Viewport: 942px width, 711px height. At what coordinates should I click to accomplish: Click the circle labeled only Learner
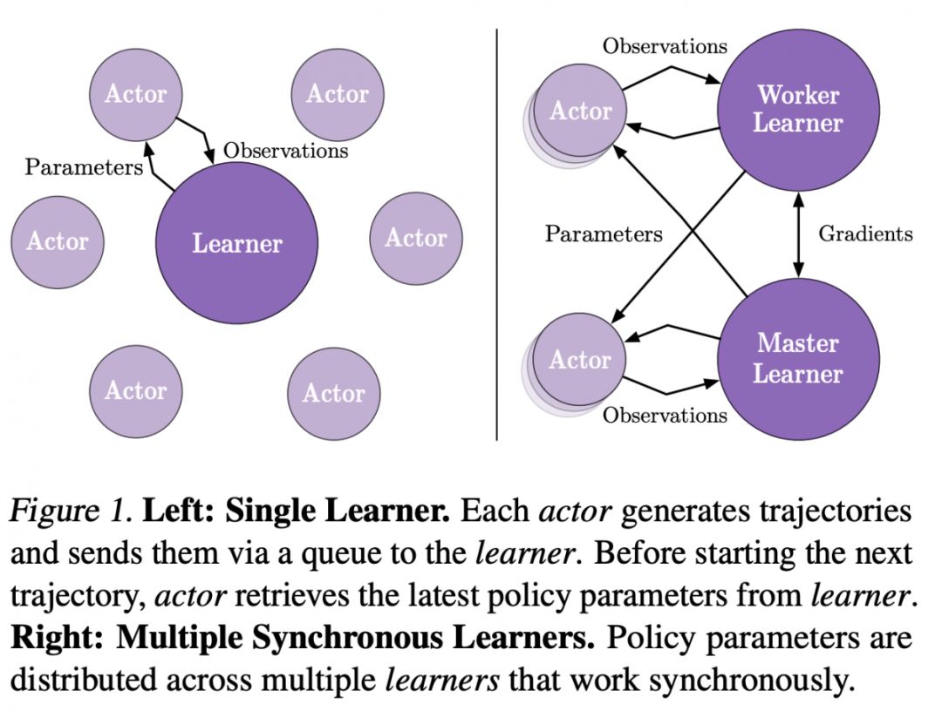pos(236,243)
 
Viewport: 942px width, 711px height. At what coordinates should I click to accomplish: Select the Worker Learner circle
pos(797,108)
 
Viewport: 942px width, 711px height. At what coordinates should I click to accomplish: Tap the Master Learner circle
pos(797,358)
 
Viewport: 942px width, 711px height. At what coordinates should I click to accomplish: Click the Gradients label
pos(865,234)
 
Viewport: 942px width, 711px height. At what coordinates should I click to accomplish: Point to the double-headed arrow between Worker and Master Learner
pos(797,234)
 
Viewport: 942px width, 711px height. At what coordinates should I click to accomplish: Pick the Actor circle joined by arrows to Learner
pos(135,93)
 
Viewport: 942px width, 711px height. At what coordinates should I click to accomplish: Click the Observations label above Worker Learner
pos(665,46)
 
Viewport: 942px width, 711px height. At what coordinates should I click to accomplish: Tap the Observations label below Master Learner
pos(665,415)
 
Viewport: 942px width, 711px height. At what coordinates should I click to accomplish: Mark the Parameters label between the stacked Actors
pos(604,234)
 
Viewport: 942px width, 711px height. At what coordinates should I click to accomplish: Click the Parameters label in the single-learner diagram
pos(84,166)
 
